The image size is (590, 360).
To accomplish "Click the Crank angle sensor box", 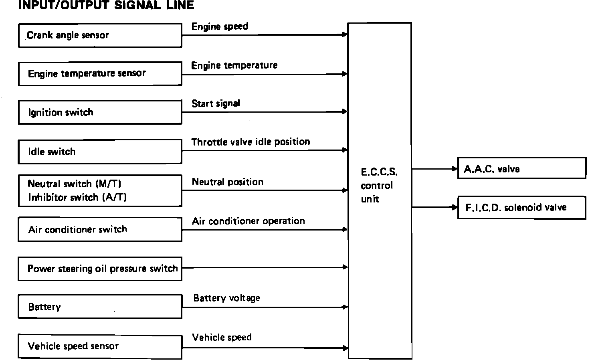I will coord(100,35).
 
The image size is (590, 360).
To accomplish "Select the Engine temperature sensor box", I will coord(100,74).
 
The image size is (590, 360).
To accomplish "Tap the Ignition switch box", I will coord(100,112).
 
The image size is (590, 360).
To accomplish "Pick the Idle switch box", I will coord(100,152).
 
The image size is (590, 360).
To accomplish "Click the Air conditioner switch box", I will coord(100,229).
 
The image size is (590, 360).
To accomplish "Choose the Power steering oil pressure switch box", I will coord(100,269).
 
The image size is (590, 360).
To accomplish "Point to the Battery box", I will coord(100,307).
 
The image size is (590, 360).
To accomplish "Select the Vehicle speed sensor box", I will coord(100,346).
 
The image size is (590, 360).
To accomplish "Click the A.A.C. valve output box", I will coord(521,169).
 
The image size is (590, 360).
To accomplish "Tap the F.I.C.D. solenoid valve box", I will coord(521,208).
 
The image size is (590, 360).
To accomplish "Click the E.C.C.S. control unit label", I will coord(378,186).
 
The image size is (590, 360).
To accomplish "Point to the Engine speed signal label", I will coord(220,27).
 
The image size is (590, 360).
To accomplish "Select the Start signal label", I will coord(216,104).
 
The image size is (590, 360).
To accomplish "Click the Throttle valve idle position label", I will coord(251,142).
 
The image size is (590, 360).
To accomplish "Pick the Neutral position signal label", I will coord(227,182).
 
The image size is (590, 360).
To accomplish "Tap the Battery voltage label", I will coord(226,298).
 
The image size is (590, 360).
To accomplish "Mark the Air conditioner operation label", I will coord(248,221).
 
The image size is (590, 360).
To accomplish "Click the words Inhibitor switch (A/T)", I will coord(77,198).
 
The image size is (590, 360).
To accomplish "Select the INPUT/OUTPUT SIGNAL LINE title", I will coord(106,5).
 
